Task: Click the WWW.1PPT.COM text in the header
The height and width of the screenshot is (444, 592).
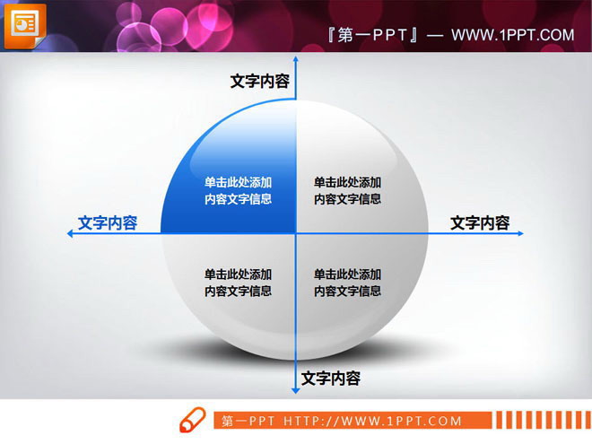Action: click(512, 35)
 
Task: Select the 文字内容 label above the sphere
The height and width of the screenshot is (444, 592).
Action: click(260, 82)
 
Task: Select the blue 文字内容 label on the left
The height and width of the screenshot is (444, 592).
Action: click(108, 223)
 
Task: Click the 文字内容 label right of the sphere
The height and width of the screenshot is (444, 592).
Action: click(480, 223)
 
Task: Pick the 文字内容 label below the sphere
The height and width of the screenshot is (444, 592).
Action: click(331, 379)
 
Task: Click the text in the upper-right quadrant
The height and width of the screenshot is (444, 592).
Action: click(347, 191)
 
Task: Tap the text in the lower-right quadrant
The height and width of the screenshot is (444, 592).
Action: click(347, 283)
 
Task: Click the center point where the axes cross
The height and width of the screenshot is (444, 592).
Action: click(295, 233)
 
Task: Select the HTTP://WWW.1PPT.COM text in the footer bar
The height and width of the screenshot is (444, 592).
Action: click(372, 421)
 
